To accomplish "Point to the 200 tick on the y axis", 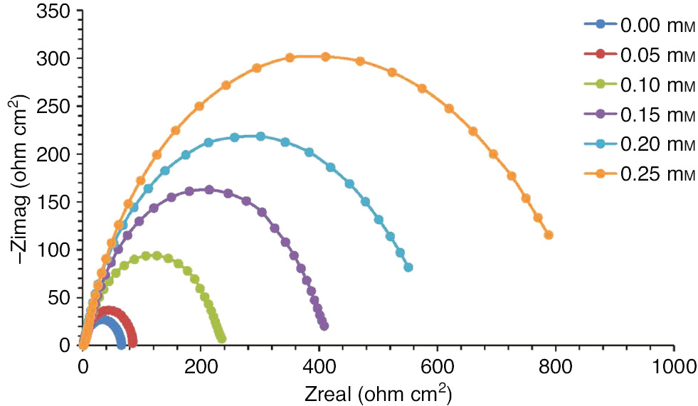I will (x=57, y=154).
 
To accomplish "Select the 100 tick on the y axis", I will (x=57, y=250).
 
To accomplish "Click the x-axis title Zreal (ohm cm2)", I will (x=377, y=393).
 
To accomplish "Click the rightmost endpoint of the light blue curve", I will (x=408, y=267).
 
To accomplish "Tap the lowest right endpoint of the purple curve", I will (x=324, y=326).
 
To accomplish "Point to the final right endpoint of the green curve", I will (x=221, y=338).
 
